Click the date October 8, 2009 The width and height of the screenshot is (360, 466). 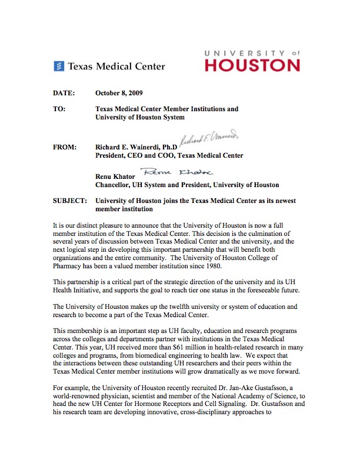(x=119, y=93)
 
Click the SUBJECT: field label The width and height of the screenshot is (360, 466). (x=70, y=201)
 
